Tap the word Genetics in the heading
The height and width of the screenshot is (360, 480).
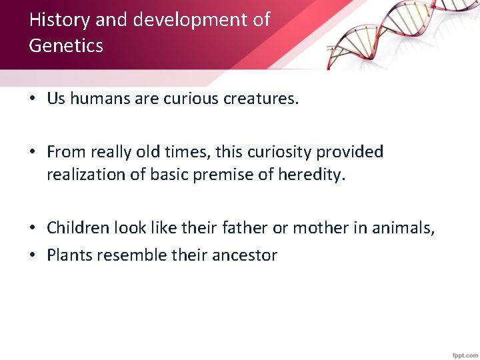pos(66,46)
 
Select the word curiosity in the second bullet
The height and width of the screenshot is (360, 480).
pos(275,152)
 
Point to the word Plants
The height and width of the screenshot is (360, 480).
pos(69,255)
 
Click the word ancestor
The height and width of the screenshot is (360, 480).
pos(245,255)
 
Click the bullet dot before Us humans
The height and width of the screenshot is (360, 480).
pos(32,99)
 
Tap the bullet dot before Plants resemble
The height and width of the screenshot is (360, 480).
pos(32,255)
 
